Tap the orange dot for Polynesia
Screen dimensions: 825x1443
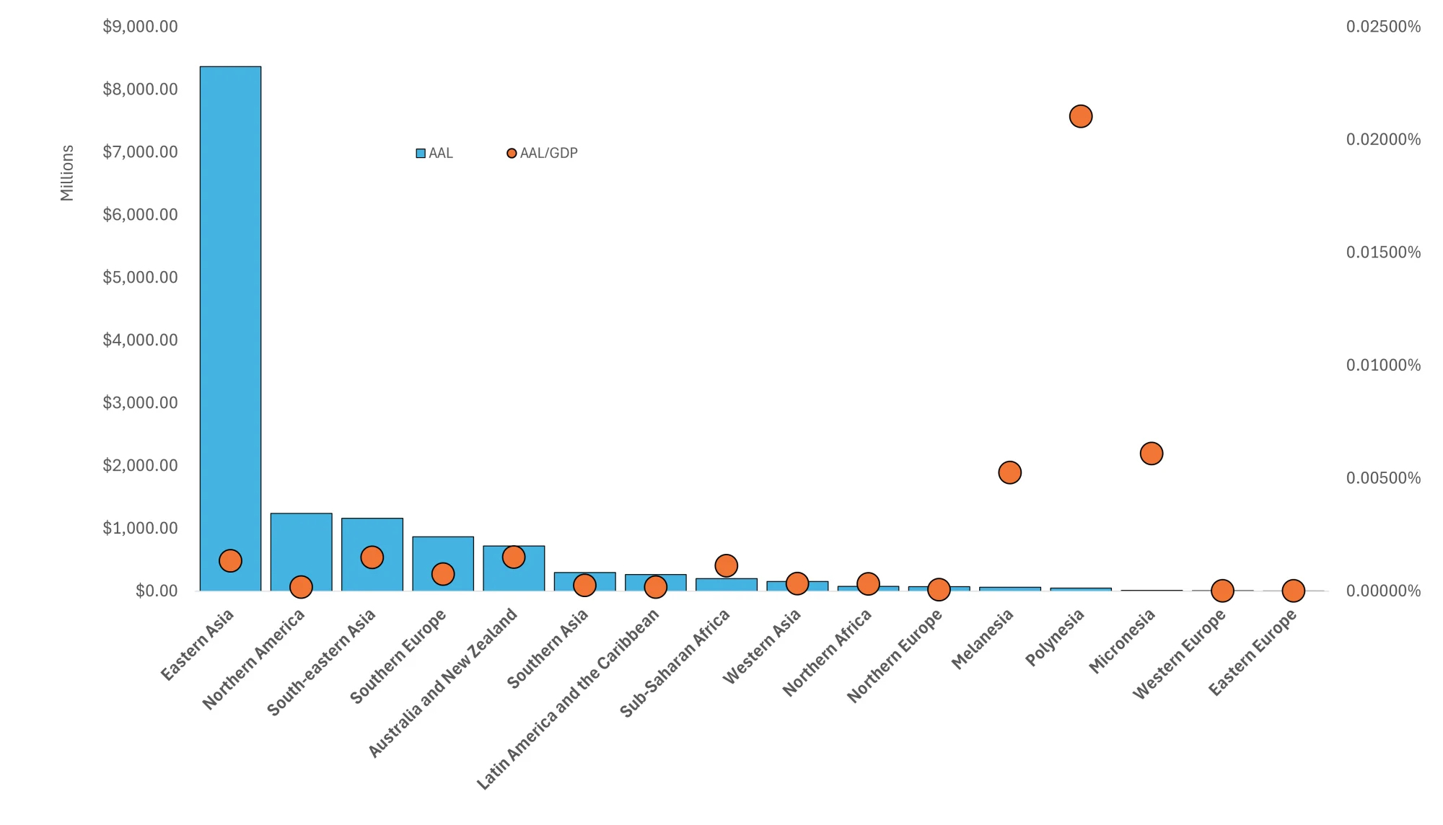click(1080, 116)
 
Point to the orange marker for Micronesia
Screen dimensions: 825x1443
click(1151, 454)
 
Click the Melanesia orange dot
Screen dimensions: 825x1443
click(1009, 473)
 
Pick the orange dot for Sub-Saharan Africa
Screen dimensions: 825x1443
click(726, 565)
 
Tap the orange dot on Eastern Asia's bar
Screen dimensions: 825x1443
click(230, 560)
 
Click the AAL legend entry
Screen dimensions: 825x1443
click(435, 153)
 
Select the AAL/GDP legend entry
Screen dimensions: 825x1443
click(543, 153)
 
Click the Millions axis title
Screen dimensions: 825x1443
click(67, 173)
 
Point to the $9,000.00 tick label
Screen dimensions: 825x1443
click(140, 27)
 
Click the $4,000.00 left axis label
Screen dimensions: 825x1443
click(140, 340)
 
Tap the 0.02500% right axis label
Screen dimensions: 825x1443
click(1383, 27)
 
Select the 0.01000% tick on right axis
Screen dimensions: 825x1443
click(1383, 365)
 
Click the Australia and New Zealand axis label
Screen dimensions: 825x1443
click(443, 682)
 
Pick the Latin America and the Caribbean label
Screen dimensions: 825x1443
click(568, 698)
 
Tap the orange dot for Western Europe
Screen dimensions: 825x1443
click(1221, 591)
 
